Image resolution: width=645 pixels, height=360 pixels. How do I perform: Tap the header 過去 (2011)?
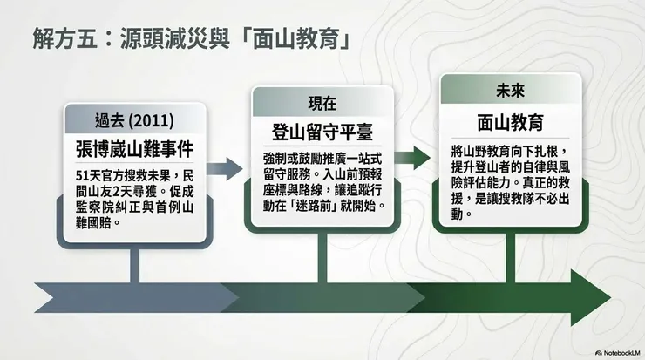click(x=134, y=119)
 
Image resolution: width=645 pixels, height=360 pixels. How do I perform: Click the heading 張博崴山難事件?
click(x=134, y=147)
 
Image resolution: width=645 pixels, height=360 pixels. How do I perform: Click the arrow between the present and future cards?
click(x=415, y=158)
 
